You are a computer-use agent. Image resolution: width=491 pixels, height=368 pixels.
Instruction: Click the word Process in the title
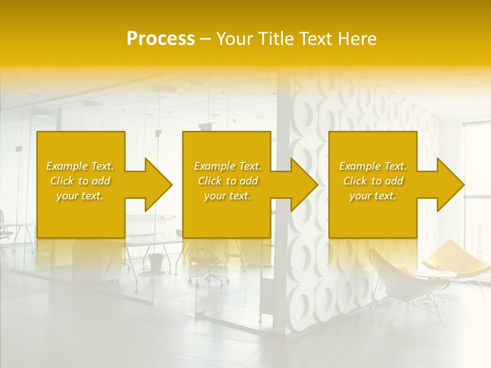(161, 39)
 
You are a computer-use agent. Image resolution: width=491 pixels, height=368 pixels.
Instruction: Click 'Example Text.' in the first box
(80, 166)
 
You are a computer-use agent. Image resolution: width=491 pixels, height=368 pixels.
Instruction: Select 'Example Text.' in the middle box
(228, 166)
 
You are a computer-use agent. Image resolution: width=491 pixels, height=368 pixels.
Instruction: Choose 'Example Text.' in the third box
(373, 166)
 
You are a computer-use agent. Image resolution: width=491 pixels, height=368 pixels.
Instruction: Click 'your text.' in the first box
(80, 196)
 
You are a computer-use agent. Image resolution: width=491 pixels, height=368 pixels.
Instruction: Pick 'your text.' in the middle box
(228, 196)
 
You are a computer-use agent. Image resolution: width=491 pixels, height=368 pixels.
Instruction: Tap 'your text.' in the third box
(373, 196)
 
